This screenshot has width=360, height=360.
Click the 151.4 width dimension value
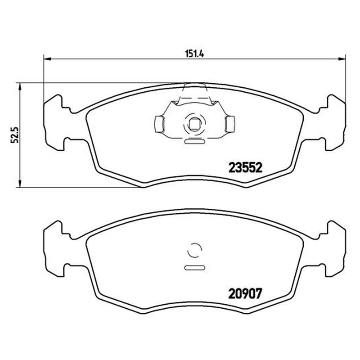coord(194,54)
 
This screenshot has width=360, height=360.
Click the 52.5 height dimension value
coord(15,135)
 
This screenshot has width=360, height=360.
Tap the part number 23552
coord(245,167)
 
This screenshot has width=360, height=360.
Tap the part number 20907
coord(245,294)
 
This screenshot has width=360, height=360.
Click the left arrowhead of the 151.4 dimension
coord(47,59)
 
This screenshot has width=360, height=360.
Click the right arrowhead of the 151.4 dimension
coord(342,59)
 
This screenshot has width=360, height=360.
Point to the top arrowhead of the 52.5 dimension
coord(20,86)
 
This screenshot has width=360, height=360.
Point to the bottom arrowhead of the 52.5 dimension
coord(20,184)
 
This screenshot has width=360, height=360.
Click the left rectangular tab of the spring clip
coord(159,124)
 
